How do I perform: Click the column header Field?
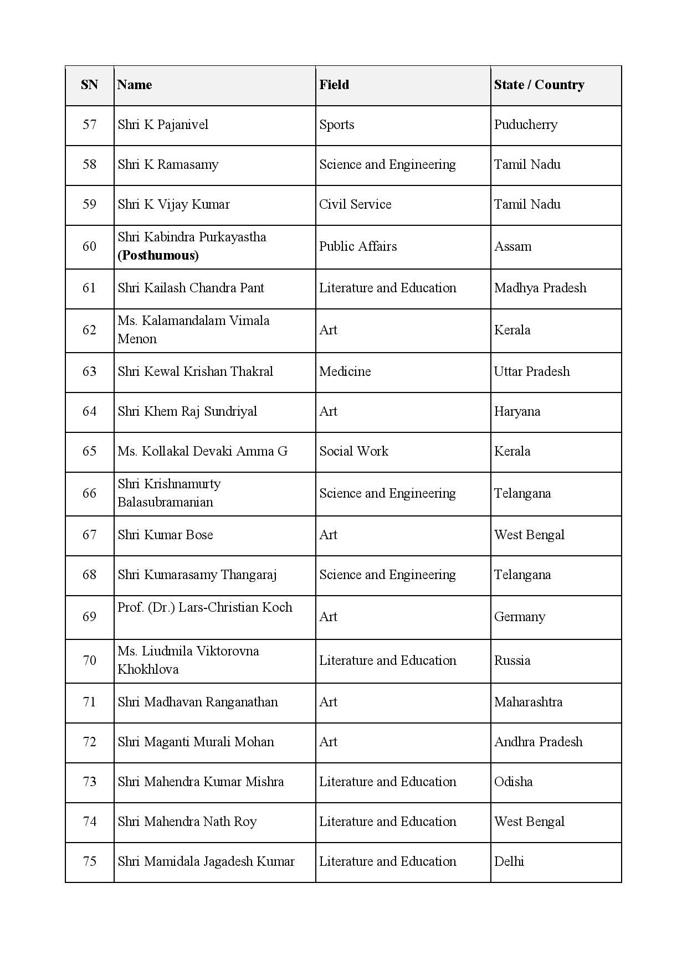[x=334, y=85]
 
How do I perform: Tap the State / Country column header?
[x=539, y=85]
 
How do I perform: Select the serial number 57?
[x=89, y=125]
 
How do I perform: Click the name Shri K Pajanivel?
[x=163, y=125]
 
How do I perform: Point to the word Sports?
[x=336, y=125]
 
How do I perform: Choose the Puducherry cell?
[x=526, y=125]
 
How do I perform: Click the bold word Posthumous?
[x=158, y=255]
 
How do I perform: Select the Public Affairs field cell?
[x=358, y=246]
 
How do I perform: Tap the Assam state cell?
[x=512, y=246]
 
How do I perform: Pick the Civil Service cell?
[x=355, y=204]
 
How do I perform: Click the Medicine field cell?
[x=345, y=371]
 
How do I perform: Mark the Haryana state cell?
[x=517, y=411]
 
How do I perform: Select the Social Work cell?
[x=353, y=451]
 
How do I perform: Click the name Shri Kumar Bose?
[x=165, y=535]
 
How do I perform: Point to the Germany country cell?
[x=520, y=617]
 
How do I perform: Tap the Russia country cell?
[x=512, y=660]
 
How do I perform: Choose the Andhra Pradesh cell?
[x=538, y=742]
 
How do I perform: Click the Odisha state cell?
[x=513, y=782]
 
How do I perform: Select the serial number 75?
[x=89, y=861]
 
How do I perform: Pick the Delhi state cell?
[x=509, y=861]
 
